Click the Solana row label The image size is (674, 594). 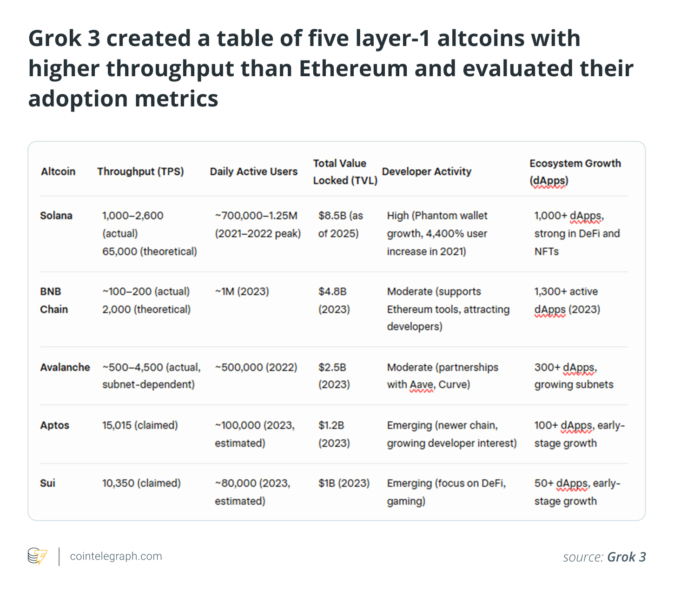56,216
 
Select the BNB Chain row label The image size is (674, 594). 54,300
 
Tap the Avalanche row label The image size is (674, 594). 65,367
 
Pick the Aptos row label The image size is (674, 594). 54,425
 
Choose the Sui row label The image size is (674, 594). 47,483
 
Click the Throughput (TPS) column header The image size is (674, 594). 140,172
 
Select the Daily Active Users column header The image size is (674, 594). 253,172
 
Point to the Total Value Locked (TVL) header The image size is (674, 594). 344,172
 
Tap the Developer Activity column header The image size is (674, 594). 426,172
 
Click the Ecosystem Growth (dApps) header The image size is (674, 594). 575,172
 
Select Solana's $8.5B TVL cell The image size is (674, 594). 340,224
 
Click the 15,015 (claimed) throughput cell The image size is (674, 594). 140,425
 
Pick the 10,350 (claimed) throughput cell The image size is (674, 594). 141,483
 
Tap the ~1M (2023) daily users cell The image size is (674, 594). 242,291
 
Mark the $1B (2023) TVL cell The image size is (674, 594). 344,483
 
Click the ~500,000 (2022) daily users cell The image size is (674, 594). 256,367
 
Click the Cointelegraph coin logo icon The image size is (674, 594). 37,556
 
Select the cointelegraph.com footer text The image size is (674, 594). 116,556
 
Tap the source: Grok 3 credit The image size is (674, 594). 604,557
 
